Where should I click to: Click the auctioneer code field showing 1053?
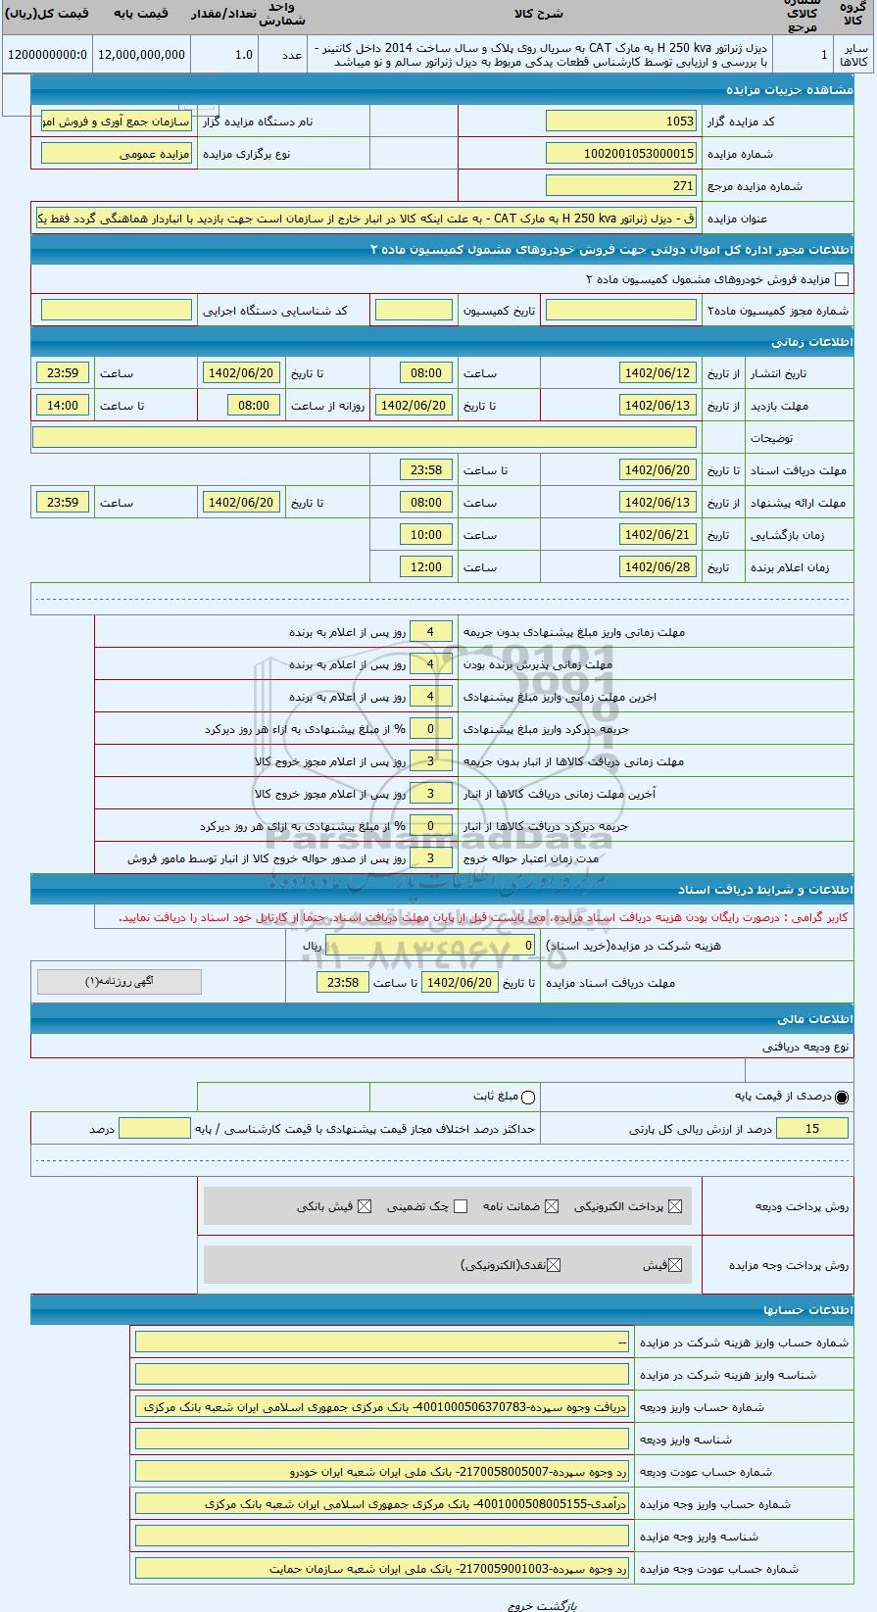pos(621,122)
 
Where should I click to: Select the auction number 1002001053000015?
pos(621,154)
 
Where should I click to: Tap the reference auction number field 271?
pos(621,186)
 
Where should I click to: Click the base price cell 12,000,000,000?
pos(140,55)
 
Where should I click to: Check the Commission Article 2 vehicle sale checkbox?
pos(842,279)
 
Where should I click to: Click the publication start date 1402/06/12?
pos(658,373)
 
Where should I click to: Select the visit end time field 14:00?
pos(63,406)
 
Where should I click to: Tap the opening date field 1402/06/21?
pos(658,535)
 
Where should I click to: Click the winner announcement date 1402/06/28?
pos(658,567)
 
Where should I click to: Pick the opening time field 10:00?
pos(426,535)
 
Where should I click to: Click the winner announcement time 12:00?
pos(426,567)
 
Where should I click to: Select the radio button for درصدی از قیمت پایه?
pos(842,1097)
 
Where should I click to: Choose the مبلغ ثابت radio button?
pos(529,1097)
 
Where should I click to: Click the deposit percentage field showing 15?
pos(811,1129)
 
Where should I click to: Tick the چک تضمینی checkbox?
pos(461,1206)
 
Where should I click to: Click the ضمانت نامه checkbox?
pos(552,1206)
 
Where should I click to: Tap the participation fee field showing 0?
pos(430,946)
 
